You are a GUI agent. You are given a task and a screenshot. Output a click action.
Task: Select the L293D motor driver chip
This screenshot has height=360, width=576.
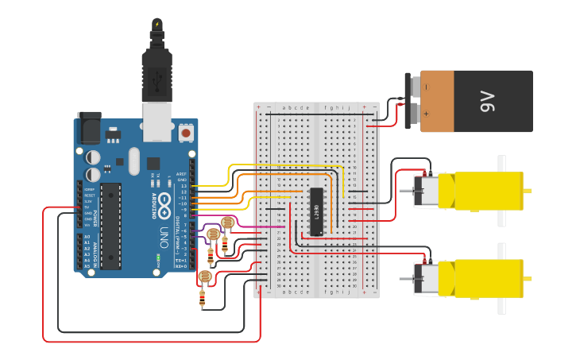pyautogui.click(x=316, y=211)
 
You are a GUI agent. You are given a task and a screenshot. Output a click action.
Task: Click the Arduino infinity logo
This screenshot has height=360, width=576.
pyautogui.click(x=164, y=202)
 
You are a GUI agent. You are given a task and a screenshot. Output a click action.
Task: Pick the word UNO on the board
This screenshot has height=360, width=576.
pyautogui.click(x=164, y=237)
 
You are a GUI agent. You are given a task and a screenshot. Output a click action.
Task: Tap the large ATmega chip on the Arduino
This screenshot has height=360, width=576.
pyautogui.click(x=110, y=226)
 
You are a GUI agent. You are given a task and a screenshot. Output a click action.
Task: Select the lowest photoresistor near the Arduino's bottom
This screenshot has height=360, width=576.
pyautogui.click(x=205, y=277)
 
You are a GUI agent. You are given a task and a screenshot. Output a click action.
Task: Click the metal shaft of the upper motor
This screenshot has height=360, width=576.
pyautogui.click(x=405, y=189)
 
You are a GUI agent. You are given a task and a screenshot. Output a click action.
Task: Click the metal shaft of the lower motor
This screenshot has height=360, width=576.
pyautogui.click(x=405, y=278)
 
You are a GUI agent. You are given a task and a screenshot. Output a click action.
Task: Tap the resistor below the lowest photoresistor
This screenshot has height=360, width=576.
pyautogui.click(x=203, y=300)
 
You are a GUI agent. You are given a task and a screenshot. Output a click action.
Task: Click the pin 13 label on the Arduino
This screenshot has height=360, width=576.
pyautogui.click(x=184, y=185)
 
